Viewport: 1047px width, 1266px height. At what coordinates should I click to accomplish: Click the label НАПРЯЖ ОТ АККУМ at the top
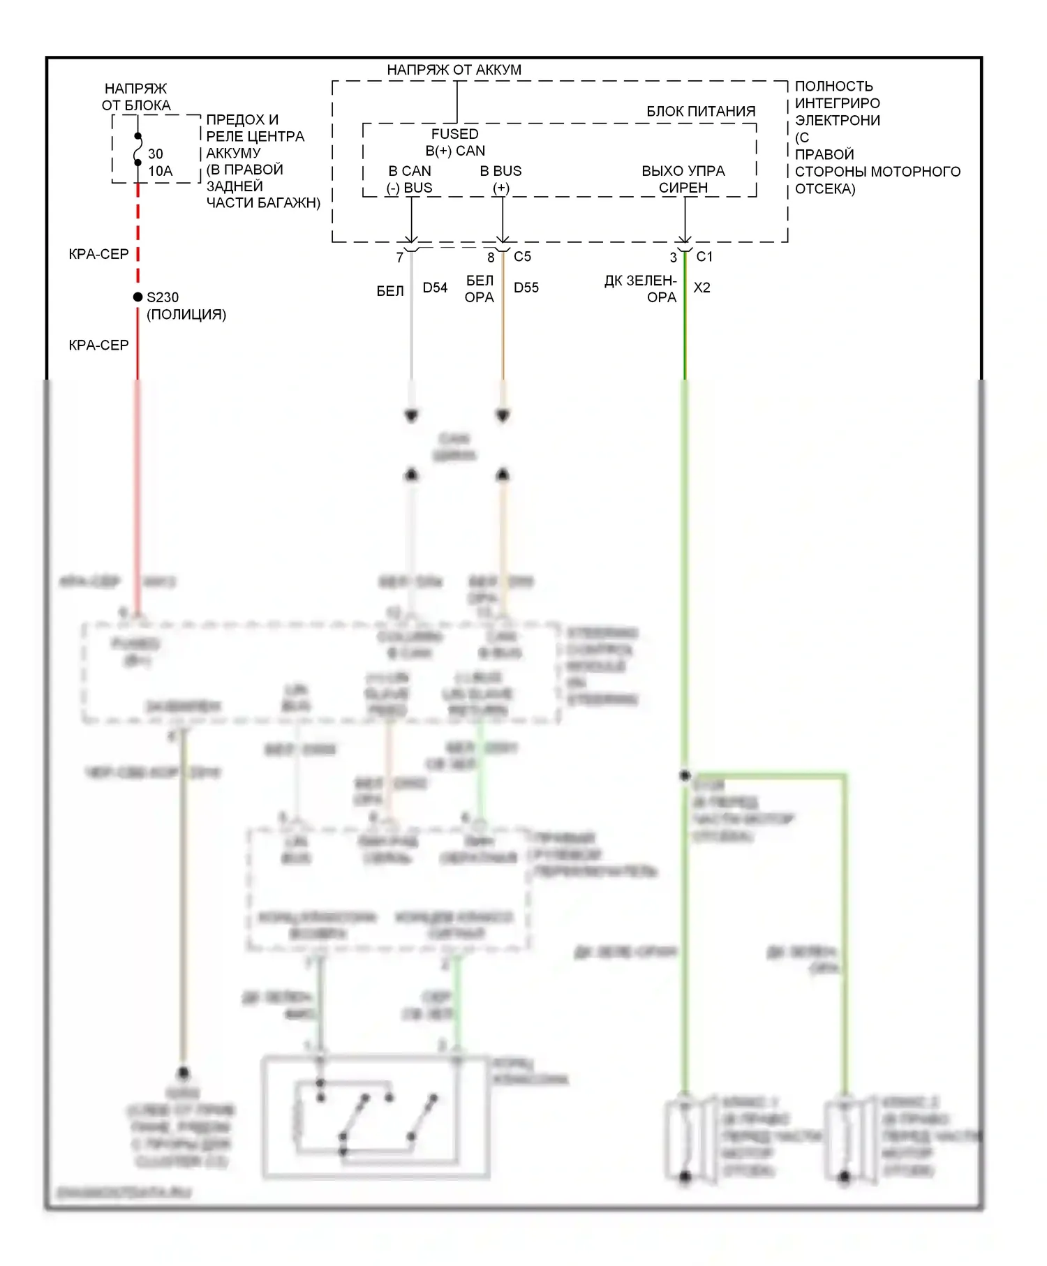[454, 70]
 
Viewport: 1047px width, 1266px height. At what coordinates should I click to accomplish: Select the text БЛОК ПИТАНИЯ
[700, 111]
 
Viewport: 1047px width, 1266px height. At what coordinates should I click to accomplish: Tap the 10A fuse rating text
[160, 171]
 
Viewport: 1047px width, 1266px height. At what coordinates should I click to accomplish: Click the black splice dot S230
[138, 297]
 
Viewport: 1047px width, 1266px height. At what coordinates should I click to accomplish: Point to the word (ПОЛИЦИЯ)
[186, 314]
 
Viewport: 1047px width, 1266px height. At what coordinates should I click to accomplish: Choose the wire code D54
[435, 288]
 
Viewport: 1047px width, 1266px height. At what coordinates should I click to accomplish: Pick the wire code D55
[526, 288]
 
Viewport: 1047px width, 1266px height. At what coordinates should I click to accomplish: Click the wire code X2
[701, 288]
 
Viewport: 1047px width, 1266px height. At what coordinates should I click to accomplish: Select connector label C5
[522, 257]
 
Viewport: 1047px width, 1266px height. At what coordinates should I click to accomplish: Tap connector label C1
[704, 257]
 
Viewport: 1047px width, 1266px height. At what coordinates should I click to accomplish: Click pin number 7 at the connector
[399, 258]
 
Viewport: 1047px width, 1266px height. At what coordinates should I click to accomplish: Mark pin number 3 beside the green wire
[673, 258]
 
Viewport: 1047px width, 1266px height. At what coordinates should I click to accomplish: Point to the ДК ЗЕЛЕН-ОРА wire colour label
[641, 289]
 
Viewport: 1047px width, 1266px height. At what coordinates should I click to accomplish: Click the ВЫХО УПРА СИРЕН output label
[683, 179]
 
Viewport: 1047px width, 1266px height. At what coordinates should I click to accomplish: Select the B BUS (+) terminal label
[500, 179]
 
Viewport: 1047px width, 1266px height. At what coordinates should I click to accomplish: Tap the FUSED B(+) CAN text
[455, 142]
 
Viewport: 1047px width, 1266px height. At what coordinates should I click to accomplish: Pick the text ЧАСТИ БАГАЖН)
[263, 203]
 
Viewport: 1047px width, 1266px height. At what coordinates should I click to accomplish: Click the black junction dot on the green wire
[685, 776]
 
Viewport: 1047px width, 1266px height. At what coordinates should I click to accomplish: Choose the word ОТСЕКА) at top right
[824, 188]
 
